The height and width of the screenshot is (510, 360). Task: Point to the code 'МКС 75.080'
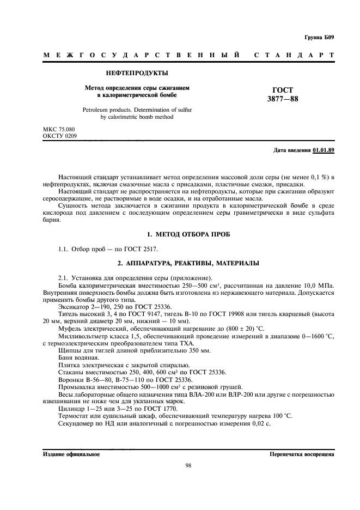coord(59,129)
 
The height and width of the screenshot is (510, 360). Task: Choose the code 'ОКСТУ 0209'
coord(59,136)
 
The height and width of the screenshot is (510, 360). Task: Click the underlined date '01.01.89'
coord(324,150)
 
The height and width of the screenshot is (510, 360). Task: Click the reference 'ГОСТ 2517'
coord(142,249)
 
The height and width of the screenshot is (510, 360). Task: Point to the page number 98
coord(188,465)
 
